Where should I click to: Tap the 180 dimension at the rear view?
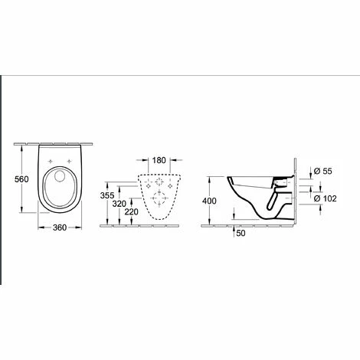159,161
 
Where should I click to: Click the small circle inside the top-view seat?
53,178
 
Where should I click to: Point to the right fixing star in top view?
70,161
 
